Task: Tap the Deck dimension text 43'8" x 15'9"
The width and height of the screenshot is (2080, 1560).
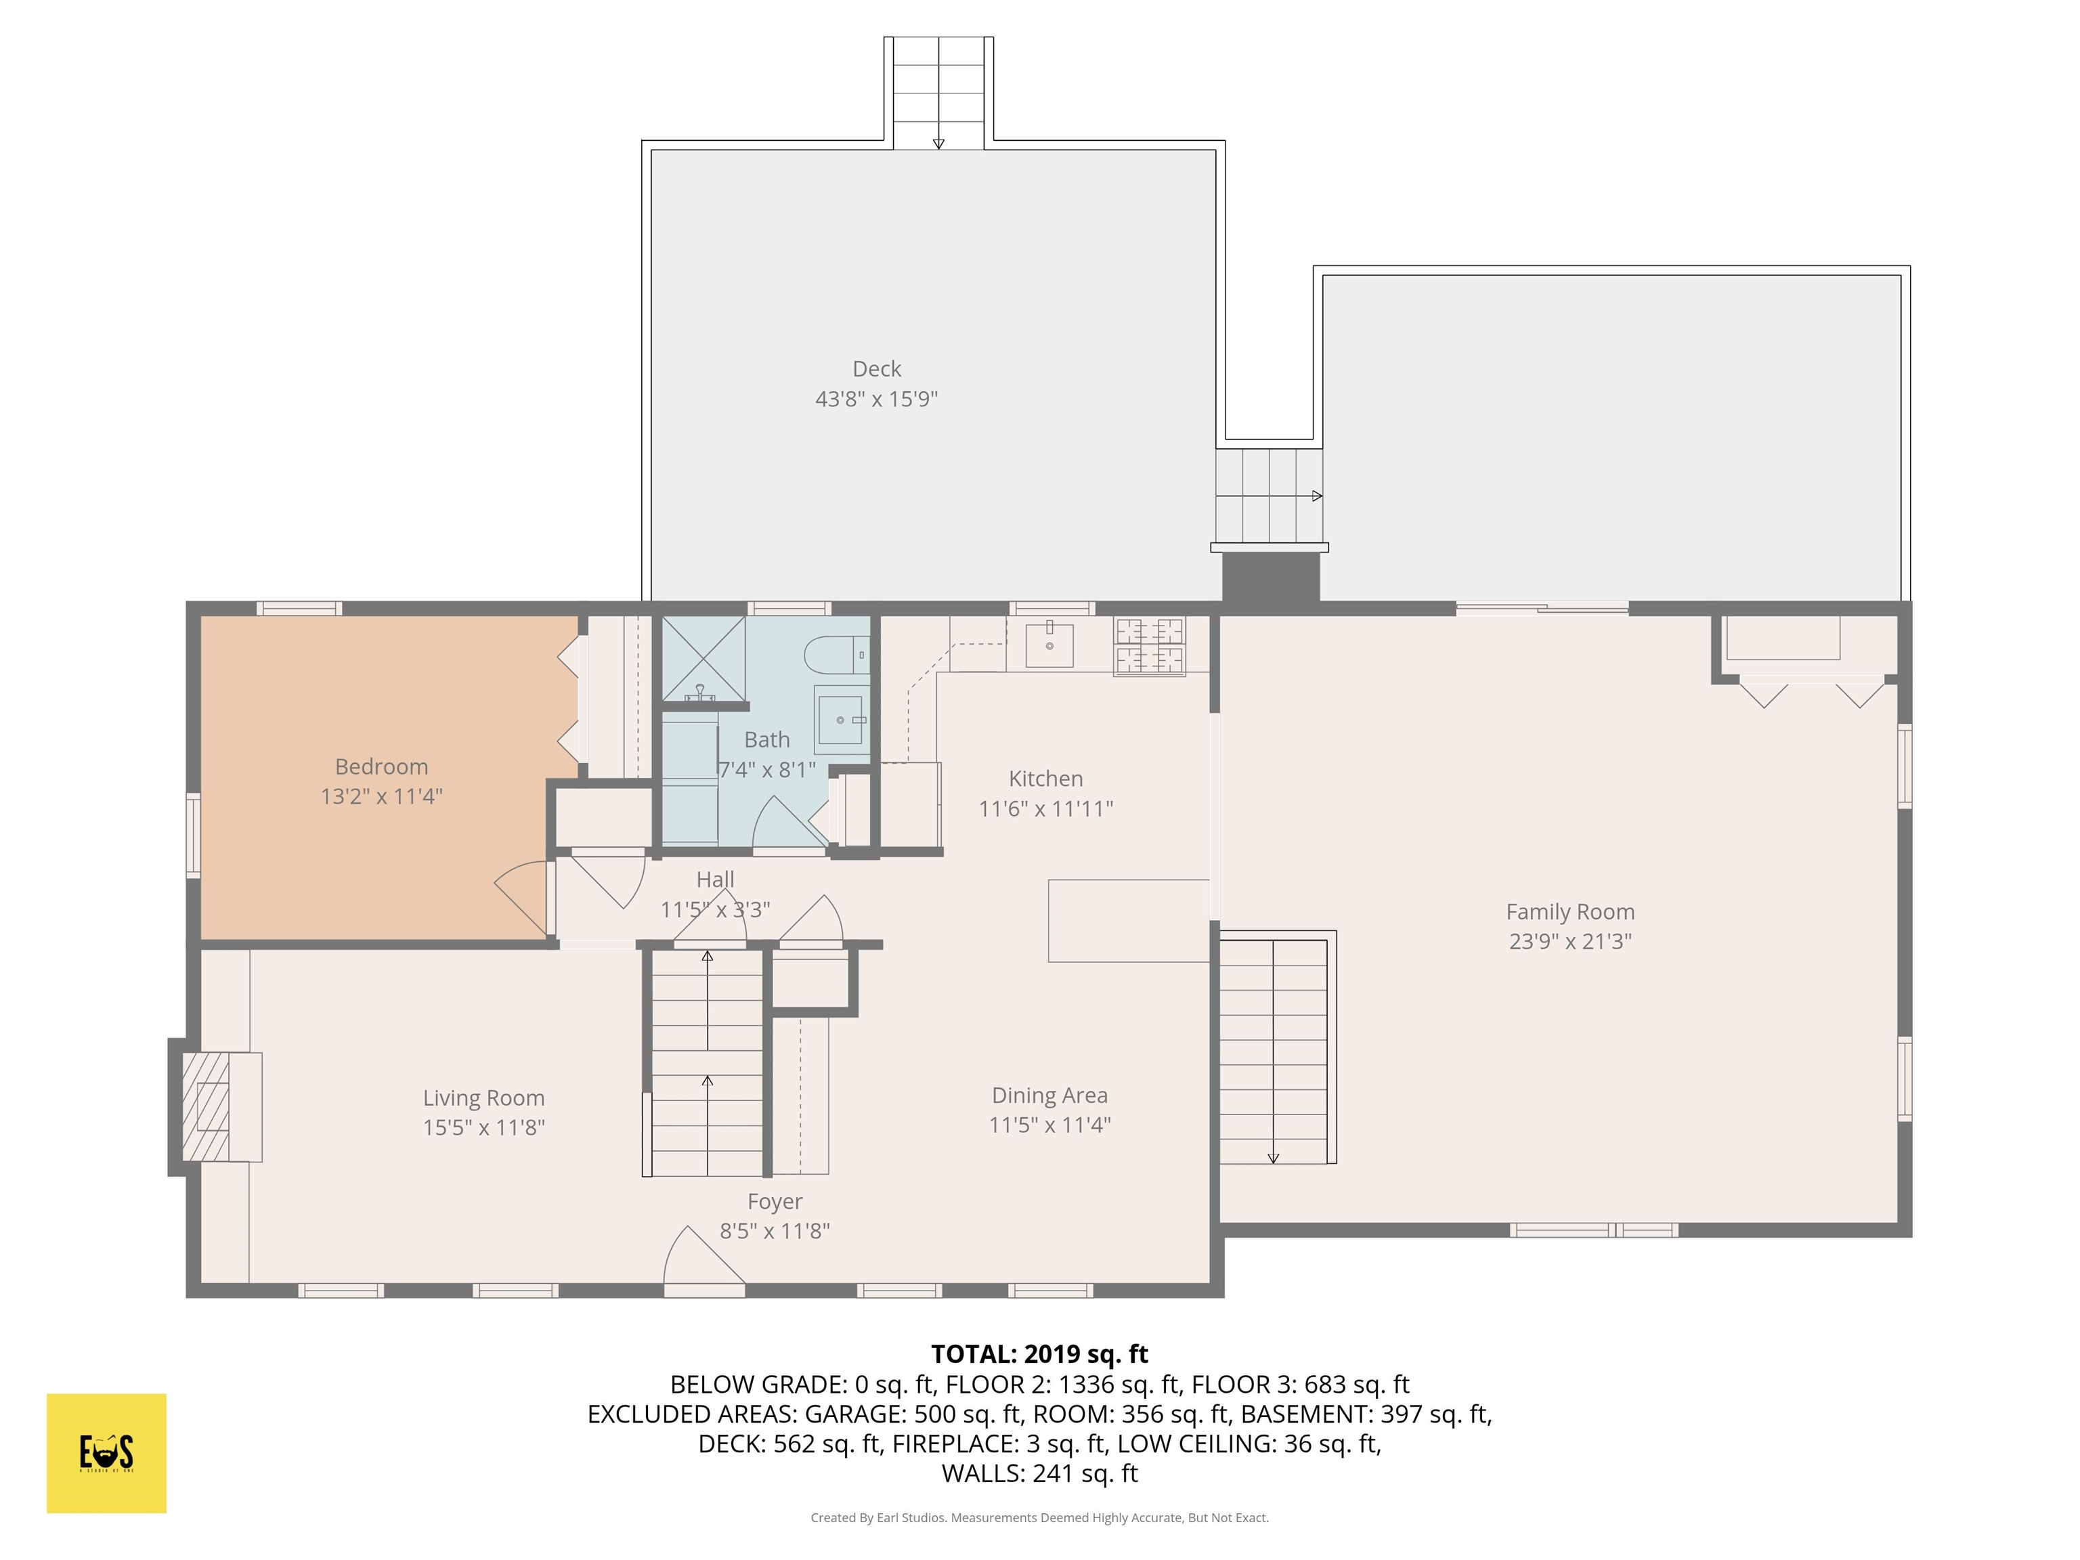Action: [x=876, y=399]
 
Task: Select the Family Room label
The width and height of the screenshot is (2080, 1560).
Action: [x=1569, y=911]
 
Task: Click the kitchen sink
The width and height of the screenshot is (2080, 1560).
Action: [x=1049, y=645]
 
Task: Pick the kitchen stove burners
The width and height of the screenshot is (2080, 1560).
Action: [x=1149, y=646]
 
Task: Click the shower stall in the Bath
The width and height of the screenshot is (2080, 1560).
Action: [x=704, y=658]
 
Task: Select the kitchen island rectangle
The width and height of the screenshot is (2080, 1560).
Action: [x=1129, y=921]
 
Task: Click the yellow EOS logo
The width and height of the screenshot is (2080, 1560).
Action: [x=106, y=1453]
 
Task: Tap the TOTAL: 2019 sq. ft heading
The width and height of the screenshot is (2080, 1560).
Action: [x=1039, y=1354]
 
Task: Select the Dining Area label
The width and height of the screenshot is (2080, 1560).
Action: [x=1049, y=1096]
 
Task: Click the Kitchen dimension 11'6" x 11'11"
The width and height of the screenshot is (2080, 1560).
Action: [x=1045, y=808]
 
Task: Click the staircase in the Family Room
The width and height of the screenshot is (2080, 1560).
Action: [x=1278, y=1047]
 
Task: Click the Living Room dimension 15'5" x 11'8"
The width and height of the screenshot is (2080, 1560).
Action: [x=483, y=1127]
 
